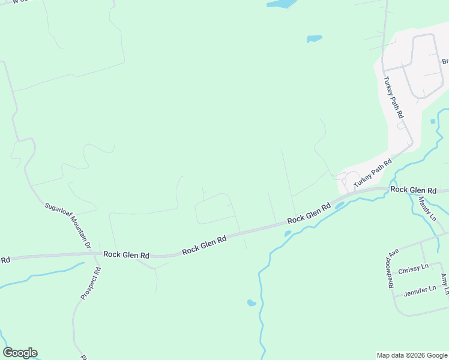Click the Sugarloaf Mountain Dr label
[x=67, y=226]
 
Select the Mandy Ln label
[x=427, y=209]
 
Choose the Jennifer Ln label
[x=420, y=290]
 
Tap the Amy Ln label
[x=445, y=284]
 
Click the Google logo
[x=20, y=353]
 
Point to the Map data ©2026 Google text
[x=411, y=355]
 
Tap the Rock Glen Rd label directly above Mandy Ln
[x=413, y=190]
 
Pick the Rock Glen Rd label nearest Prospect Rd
[x=126, y=255]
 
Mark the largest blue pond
[x=281, y=4]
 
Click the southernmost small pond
[x=252, y=303]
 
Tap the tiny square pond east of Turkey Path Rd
[x=432, y=121]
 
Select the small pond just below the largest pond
[x=315, y=39]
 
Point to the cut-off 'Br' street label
[x=445, y=61]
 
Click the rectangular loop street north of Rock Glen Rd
[x=214, y=209]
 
